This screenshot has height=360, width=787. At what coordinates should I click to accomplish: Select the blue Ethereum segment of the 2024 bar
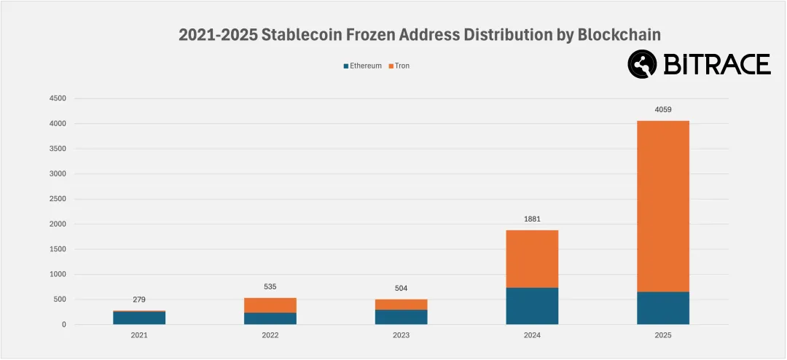coord(532,306)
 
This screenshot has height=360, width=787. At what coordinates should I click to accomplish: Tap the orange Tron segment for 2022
coord(270,305)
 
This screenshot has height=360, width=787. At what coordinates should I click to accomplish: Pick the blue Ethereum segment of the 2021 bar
coord(139,318)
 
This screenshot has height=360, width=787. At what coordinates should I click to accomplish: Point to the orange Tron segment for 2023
coord(401,305)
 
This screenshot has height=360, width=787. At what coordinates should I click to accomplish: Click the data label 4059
coord(662,110)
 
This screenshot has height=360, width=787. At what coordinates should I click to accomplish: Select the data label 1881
coord(532,219)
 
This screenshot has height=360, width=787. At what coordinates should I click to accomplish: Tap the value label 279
coord(139,300)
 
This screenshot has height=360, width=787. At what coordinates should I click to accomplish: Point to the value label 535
coord(270,286)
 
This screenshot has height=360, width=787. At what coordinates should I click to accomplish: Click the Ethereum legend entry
coord(362,66)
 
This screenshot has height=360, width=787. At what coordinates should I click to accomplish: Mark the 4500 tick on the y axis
coord(56,98)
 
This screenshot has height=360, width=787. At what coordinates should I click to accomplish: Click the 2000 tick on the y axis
coord(56,224)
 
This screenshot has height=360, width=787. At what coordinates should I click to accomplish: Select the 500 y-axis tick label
coord(60,300)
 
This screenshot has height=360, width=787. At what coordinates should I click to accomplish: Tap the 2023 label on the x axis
coord(401,335)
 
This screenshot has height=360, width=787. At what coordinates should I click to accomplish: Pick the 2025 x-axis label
coord(662,335)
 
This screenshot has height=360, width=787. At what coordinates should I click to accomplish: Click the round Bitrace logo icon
coord(643,64)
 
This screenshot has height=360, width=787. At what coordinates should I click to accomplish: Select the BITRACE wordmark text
coord(716,64)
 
